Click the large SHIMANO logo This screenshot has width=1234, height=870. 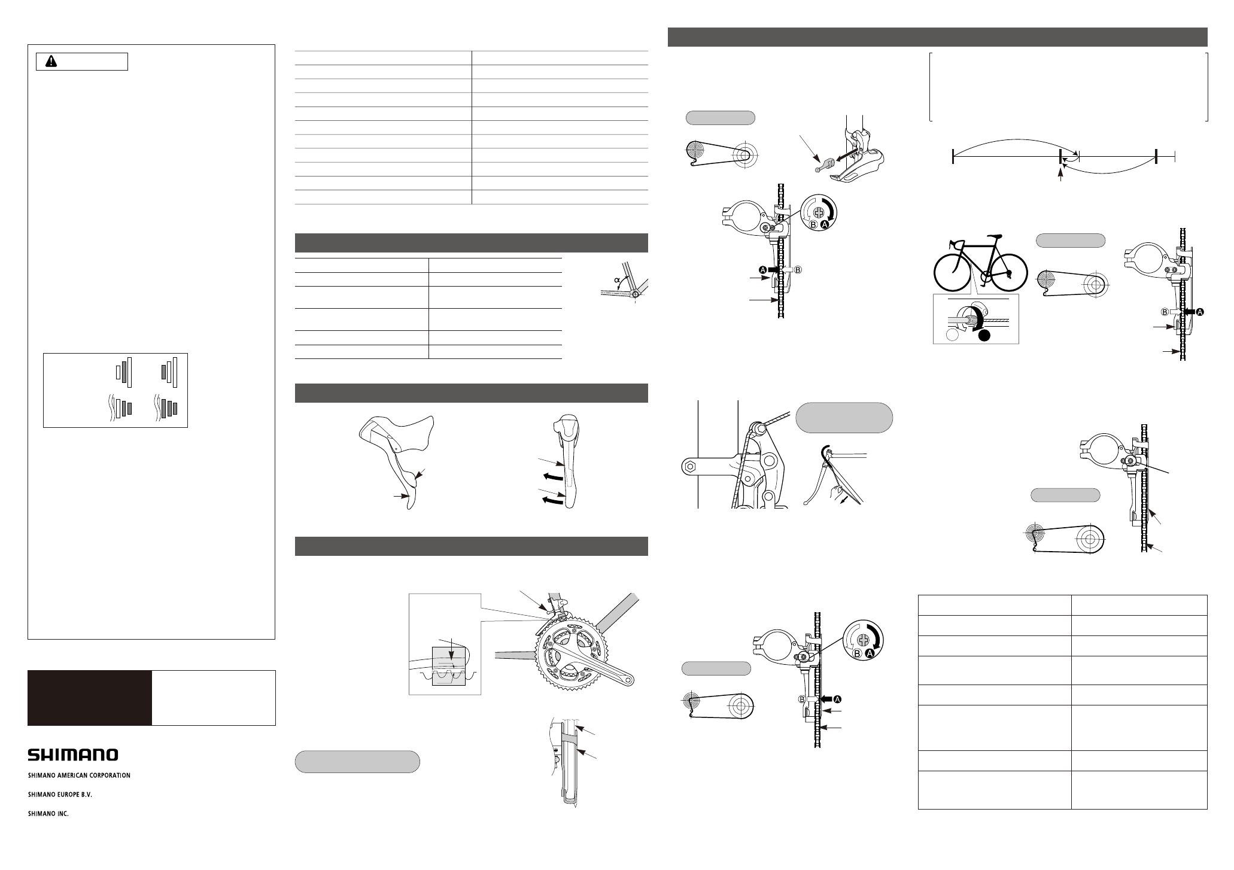[x=73, y=755]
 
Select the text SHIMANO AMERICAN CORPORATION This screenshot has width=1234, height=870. [x=79, y=775]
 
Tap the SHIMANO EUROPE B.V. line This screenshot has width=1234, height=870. [x=60, y=795]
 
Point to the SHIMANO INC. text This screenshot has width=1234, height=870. [x=48, y=814]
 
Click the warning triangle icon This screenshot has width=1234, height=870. [x=51, y=62]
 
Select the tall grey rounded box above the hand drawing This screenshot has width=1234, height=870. [x=844, y=418]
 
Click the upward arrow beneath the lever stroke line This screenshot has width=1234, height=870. [x=1061, y=175]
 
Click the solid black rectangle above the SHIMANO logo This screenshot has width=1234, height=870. [x=90, y=698]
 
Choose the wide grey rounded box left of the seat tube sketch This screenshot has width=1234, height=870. [x=357, y=762]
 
